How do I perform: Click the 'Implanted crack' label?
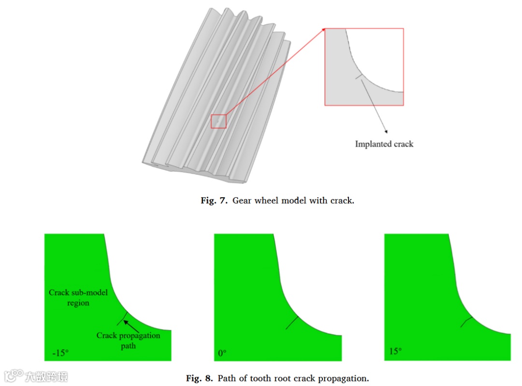pos(384,144)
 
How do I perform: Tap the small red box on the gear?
pos(218,121)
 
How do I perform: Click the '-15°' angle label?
pos(60,353)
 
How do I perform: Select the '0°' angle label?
pos(222,353)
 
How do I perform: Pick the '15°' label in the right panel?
pos(395,351)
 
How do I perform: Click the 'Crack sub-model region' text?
pos(78,297)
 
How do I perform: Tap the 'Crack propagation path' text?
pos(128,341)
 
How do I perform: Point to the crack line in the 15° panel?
pos(466,322)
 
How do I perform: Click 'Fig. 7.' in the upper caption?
pos(214,200)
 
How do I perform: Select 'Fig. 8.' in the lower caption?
pos(199,378)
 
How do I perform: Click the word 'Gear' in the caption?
pos(243,200)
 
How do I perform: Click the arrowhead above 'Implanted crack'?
pos(386,131)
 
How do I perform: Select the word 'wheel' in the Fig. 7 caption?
pos(269,200)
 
